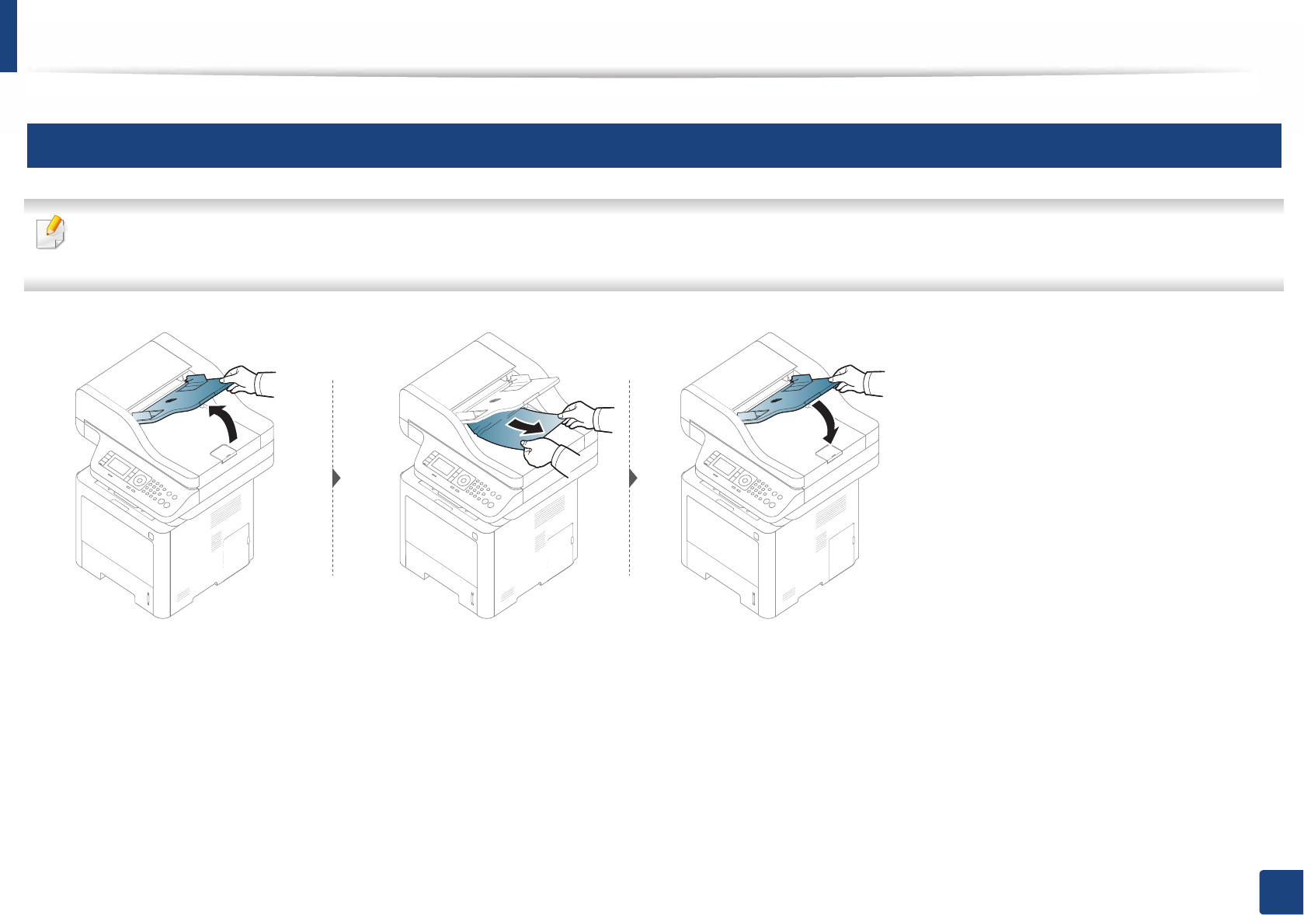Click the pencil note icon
click(x=52, y=231)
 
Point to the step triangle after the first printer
click(x=336, y=478)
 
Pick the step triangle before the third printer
click(x=633, y=478)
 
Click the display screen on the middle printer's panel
click(x=443, y=467)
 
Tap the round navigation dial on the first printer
click(x=138, y=481)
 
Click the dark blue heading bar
click(x=653, y=145)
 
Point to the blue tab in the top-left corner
click(x=8, y=35)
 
